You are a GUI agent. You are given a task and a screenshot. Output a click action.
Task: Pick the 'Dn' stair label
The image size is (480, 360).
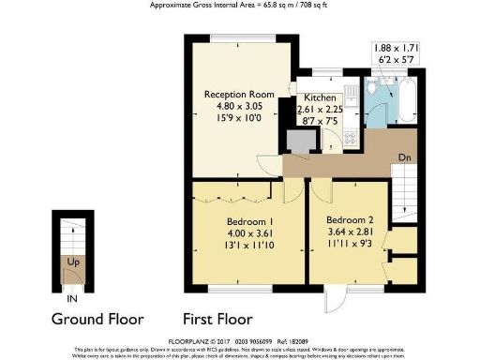(x=404, y=158)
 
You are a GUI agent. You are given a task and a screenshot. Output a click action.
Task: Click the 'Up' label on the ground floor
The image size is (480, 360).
(x=70, y=263)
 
